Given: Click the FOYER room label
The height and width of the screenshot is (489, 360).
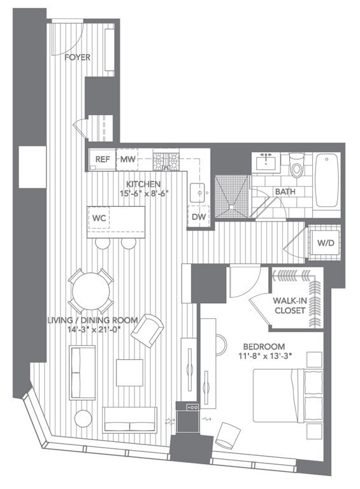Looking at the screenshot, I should click(x=77, y=57).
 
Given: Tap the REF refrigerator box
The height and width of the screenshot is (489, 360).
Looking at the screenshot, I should click(x=101, y=159).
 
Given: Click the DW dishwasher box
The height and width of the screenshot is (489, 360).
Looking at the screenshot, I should click(x=198, y=218).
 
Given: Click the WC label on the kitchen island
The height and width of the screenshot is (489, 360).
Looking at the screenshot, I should click(x=99, y=218).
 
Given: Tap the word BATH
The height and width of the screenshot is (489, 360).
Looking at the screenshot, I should click(x=284, y=192).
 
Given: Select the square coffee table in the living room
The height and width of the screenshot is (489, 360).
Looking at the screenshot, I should click(x=129, y=372).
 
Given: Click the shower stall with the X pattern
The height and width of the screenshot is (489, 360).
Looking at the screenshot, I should click(x=231, y=196).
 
